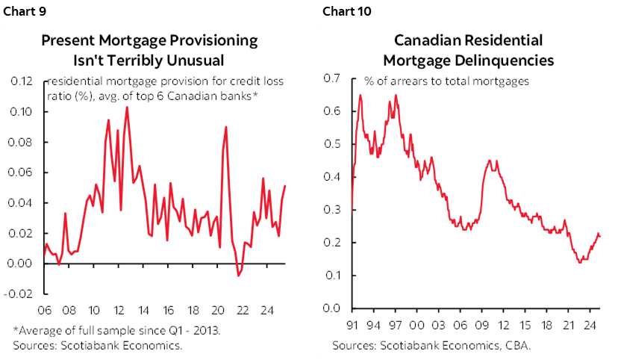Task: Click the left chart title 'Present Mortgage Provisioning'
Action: coord(149,40)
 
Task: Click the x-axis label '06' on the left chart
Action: coord(43,311)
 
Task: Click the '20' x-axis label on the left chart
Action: coord(218,311)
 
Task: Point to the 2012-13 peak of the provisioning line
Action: coord(127,107)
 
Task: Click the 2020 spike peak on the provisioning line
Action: coord(225,127)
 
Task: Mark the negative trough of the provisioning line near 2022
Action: coord(238,276)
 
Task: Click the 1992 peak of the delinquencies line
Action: coord(360,95)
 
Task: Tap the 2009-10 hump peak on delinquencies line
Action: coord(489,160)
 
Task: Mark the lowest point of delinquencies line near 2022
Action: coord(579,262)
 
